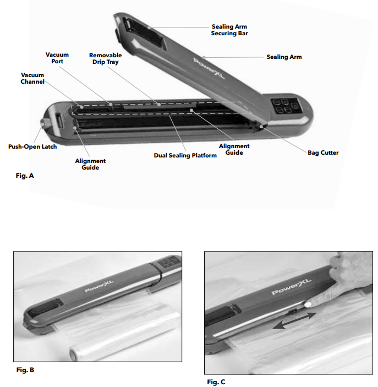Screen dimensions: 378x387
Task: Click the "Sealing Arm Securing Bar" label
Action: pyautogui.click(x=229, y=30)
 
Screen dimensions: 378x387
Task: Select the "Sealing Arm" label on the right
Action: pyautogui.click(x=284, y=57)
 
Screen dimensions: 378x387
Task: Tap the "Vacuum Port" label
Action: pyautogui.click(x=57, y=58)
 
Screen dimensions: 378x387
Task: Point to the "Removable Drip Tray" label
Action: pyautogui.click(x=105, y=58)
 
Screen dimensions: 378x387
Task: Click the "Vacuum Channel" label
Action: pyautogui.click(x=32, y=78)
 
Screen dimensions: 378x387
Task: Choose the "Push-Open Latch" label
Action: pyautogui.click(x=32, y=146)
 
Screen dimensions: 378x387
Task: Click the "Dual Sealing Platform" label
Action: pyautogui.click(x=185, y=155)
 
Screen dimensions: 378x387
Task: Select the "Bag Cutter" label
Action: pyautogui.click(x=323, y=153)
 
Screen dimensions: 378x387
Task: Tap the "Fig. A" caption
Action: pyautogui.click(x=25, y=176)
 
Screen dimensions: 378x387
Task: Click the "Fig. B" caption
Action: pyautogui.click(x=25, y=370)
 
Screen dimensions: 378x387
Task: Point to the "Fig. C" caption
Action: pyautogui.click(x=216, y=382)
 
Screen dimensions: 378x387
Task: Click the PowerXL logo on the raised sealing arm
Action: pyautogui.click(x=209, y=68)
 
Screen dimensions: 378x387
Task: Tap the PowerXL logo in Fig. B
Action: pyautogui.click(x=100, y=286)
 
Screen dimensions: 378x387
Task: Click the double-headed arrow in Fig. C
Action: pyautogui.click(x=294, y=320)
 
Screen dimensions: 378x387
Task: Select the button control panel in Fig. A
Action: pyautogui.click(x=284, y=106)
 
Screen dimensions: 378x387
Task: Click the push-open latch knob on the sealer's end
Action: pyautogui.click(x=43, y=123)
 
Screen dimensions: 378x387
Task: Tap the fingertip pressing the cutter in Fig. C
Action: pyautogui.click(x=308, y=304)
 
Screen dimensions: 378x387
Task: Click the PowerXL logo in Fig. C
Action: pyautogui.click(x=292, y=287)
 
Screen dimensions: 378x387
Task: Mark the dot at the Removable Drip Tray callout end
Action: pyautogui.click(x=159, y=105)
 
